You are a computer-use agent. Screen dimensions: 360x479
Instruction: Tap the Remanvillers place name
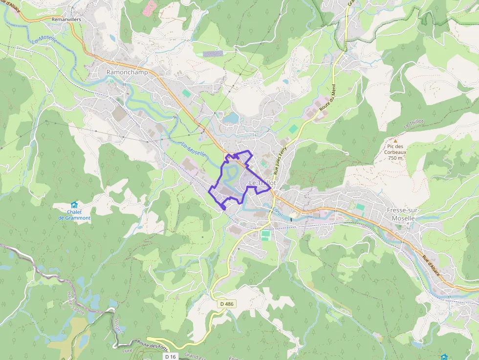click(66, 20)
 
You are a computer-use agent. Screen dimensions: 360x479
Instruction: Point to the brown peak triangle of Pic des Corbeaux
click(395, 140)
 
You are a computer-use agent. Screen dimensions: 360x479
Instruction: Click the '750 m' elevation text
click(395, 158)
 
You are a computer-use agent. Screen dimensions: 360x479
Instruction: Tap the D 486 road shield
click(227, 304)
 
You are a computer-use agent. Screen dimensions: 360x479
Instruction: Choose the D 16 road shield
click(170, 357)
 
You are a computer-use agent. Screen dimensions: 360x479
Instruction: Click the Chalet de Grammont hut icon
click(74, 205)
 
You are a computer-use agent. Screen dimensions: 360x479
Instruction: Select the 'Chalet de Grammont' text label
click(74, 215)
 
